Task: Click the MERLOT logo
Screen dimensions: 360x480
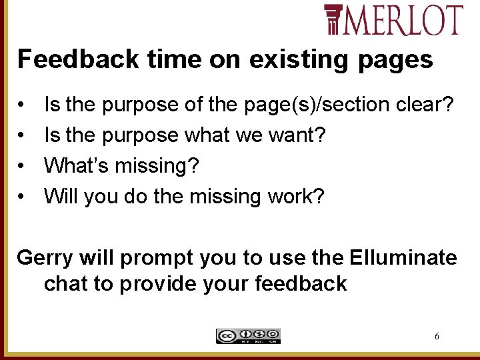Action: [393, 19]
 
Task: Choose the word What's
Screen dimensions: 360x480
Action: [75, 165]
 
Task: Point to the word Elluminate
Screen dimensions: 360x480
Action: [401, 257]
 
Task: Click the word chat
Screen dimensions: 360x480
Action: [66, 283]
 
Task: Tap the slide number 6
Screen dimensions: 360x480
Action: [437, 337]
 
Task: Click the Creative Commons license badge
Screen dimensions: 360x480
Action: [248, 336]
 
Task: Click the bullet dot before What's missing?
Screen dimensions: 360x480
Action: [23, 166]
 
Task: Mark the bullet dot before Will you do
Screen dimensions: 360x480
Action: [23, 197]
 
